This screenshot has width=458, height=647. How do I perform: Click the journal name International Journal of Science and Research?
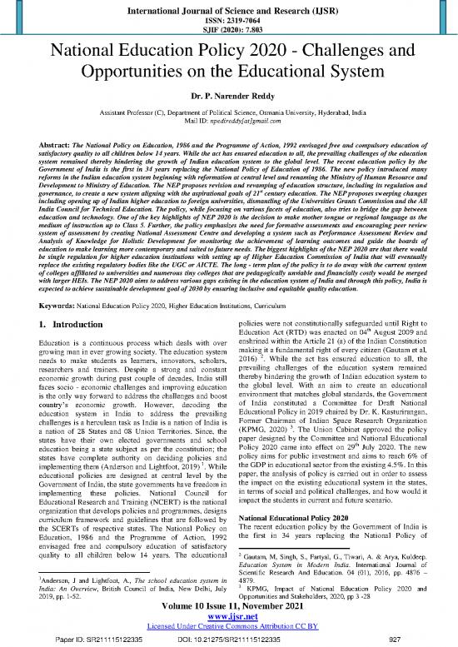[x=229, y=11]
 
